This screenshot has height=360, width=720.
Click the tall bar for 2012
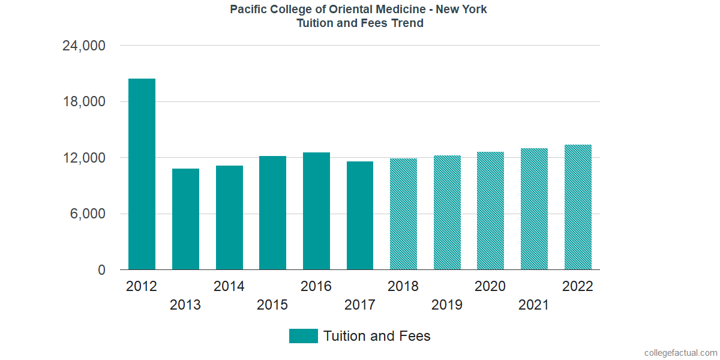coord(142,174)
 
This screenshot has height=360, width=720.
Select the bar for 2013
coord(185,219)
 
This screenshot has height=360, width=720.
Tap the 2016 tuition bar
coord(316,211)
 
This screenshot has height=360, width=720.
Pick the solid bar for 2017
coord(359,215)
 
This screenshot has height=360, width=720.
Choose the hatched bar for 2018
coord(403,214)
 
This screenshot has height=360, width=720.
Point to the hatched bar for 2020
coord(490,211)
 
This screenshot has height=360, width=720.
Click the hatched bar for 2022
coord(578,207)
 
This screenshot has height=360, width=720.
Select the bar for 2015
coord(272,213)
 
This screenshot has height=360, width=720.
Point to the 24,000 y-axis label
coord(84,46)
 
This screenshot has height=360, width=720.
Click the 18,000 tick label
coord(84,102)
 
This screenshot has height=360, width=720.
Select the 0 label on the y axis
coord(102,271)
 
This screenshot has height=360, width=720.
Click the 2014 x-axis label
coord(229,286)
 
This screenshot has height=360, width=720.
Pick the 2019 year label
coord(447,305)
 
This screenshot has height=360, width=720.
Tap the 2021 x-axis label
coord(534,305)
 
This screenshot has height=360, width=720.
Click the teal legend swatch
coord(303,336)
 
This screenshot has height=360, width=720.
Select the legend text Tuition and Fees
coord(377,336)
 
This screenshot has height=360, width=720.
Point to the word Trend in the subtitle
coord(407,23)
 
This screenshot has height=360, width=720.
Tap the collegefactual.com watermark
coord(680,353)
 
